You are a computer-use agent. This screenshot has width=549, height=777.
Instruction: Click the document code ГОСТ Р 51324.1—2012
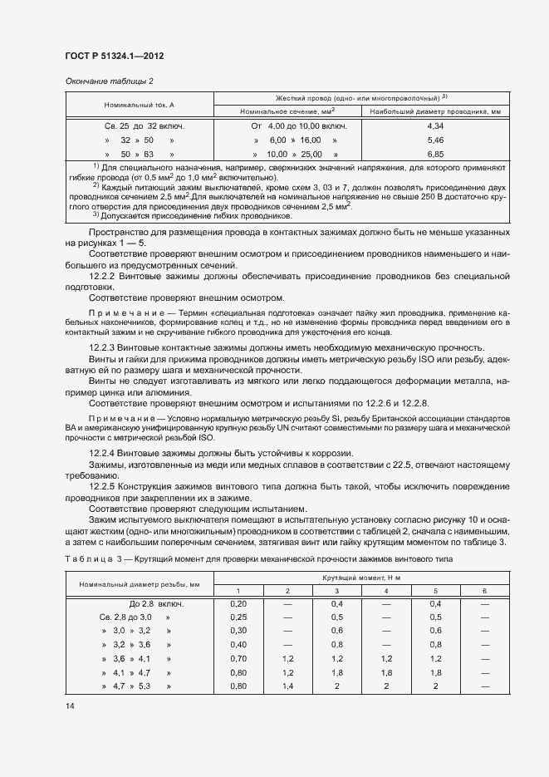[x=113, y=57]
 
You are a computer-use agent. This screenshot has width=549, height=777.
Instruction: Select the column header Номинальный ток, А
[x=139, y=105]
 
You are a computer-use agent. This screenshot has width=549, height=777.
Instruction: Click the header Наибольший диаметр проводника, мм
[x=435, y=111]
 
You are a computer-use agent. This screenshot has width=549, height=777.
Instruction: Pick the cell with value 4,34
[x=435, y=125]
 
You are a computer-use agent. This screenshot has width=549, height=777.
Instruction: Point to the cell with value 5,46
[x=435, y=140]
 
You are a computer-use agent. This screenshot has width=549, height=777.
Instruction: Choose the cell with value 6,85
[x=435, y=155]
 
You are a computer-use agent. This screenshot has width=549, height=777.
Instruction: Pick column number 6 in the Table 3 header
[x=484, y=590]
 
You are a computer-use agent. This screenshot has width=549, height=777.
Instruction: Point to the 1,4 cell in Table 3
[x=287, y=686]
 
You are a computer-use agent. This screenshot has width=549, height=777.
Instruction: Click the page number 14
[x=70, y=706]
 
